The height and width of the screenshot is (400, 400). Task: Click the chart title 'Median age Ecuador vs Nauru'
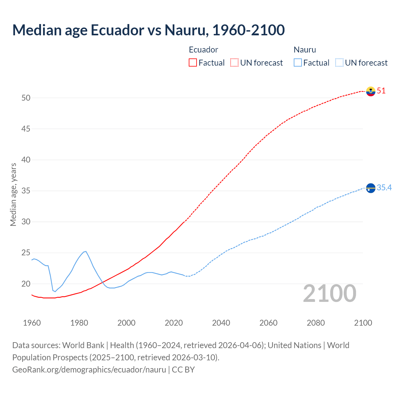pos(148,30)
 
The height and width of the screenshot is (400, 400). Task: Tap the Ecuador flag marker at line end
pos(371,91)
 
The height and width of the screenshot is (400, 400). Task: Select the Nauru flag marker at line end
pos(371,188)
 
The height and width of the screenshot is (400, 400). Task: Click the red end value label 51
pos(381,91)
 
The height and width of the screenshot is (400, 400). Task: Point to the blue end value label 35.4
pos(384,187)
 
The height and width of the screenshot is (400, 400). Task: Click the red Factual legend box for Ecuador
pos(193,63)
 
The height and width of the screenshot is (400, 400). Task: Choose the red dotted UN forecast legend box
pos(234,63)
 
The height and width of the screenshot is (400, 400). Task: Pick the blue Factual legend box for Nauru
pos(298,63)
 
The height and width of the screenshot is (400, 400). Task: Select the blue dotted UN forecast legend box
pos(339,63)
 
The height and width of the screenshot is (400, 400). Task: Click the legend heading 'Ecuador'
pos(203,50)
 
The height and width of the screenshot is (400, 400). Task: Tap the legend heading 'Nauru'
pos(305,50)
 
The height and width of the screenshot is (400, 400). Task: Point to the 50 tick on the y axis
pos(26,98)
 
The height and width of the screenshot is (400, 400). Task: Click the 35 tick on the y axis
pos(26,191)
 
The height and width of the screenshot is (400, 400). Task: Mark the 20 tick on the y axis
pos(26,284)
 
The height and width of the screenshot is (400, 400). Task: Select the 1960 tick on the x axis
pos(32,323)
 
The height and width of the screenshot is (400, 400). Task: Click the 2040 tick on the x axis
pos(221,323)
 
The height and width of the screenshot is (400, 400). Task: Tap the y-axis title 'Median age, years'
pos(13,194)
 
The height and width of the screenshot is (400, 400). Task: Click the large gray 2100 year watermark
pos(329,293)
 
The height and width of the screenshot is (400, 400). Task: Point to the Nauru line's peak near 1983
pos(86,251)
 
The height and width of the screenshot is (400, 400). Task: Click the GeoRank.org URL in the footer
pos(89,370)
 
